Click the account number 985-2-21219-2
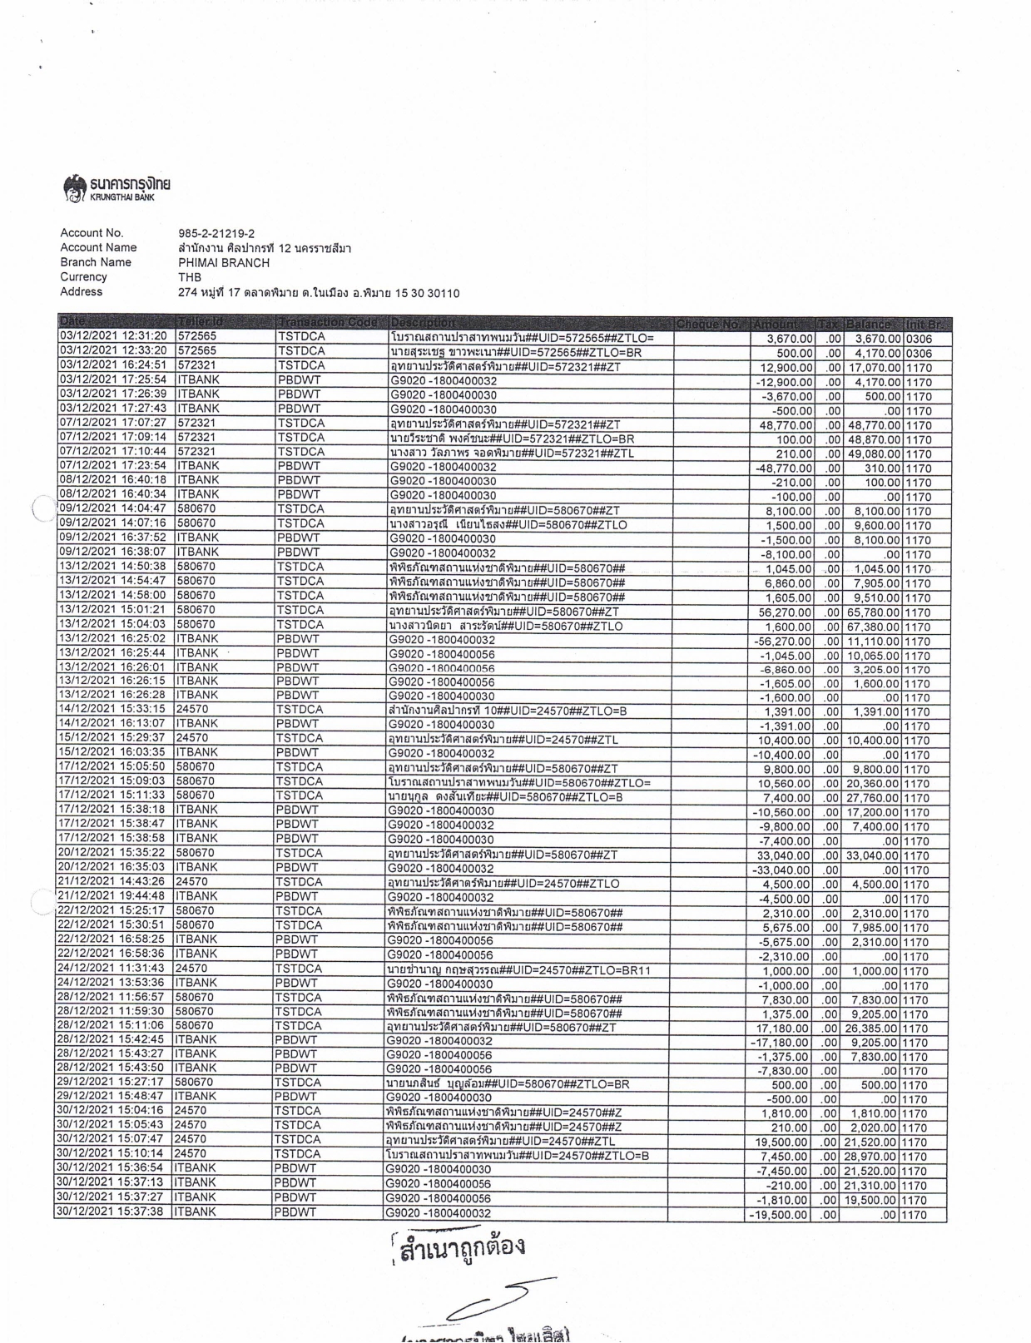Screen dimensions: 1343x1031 (216, 234)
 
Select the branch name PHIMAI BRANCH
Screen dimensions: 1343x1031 (224, 263)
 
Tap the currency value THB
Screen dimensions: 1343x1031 (190, 277)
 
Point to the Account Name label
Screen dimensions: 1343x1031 (98, 248)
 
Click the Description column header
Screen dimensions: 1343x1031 (422, 323)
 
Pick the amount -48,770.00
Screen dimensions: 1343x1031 (783, 469)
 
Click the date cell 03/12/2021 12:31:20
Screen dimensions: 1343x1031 (113, 336)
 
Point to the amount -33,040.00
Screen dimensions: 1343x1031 (782, 870)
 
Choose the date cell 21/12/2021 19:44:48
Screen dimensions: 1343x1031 (112, 896)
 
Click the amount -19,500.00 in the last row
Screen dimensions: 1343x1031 (779, 1215)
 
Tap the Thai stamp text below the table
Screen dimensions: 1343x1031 (462, 1248)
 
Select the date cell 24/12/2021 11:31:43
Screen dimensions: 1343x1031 (112, 969)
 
